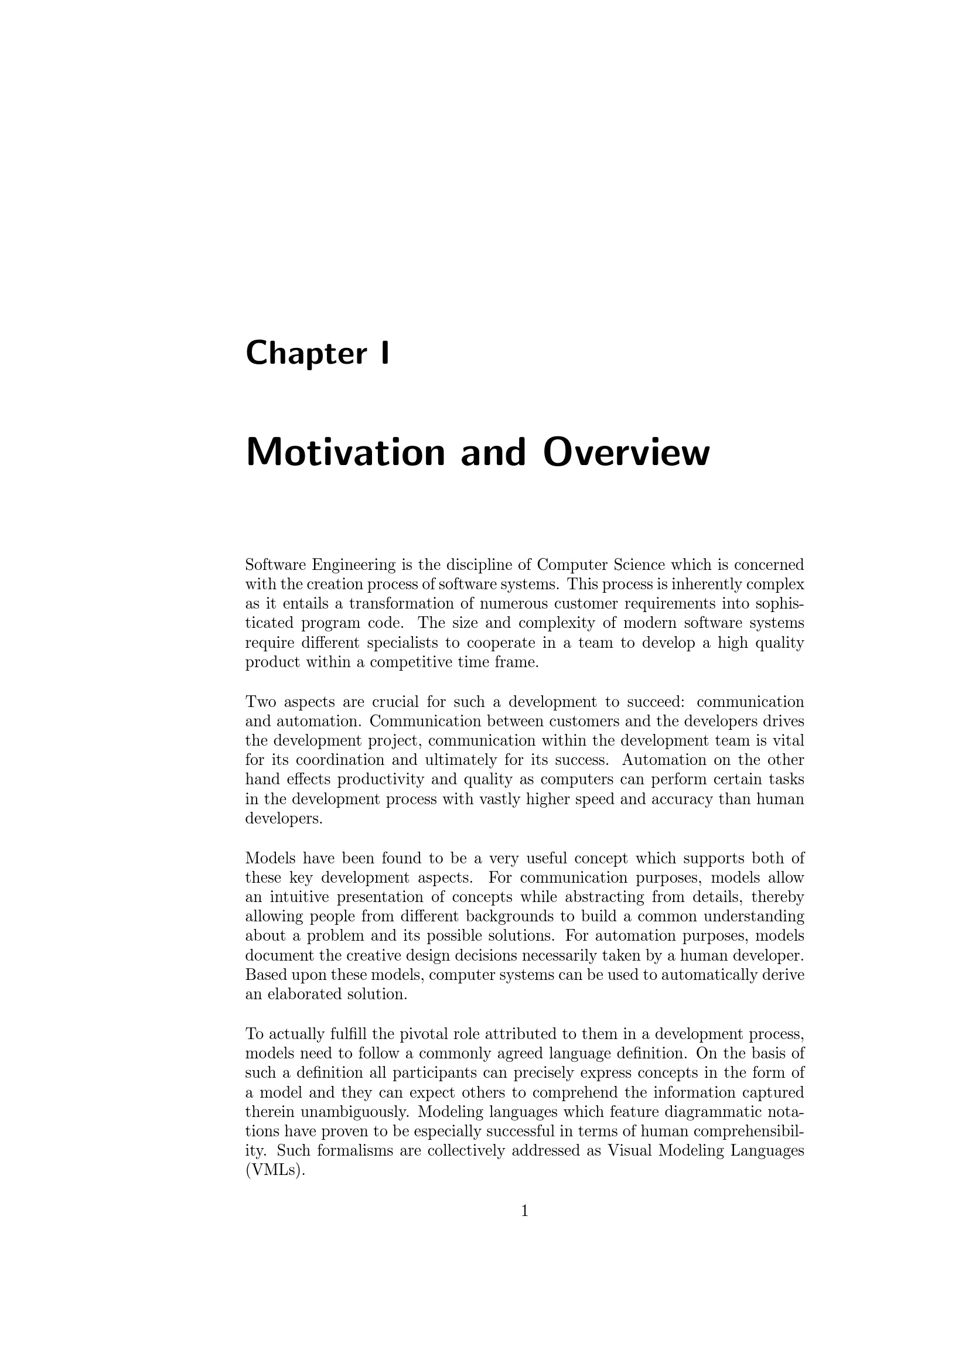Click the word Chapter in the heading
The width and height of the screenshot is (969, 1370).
point(306,353)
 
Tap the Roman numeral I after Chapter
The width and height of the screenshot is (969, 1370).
point(384,353)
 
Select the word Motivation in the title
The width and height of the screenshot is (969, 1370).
point(346,453)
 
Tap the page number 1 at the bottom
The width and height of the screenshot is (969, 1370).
point(524,1211)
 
